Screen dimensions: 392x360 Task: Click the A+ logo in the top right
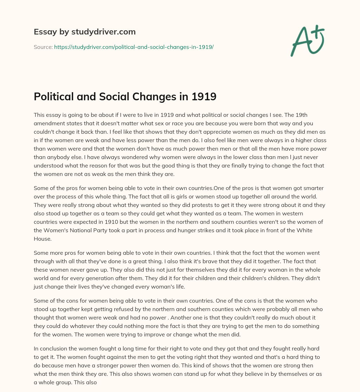coord(307,41)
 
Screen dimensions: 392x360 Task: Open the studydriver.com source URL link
coord(134,47)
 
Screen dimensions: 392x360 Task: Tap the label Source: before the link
coord(43,47)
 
